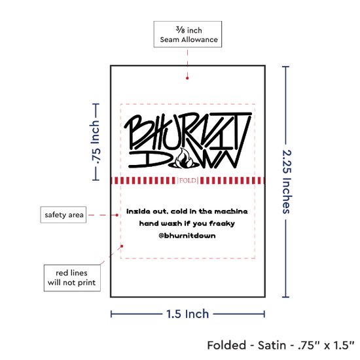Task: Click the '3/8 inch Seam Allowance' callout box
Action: pyautogui.click(x=188, y=34)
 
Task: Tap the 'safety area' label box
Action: pyautogui.click(x=63, y=215)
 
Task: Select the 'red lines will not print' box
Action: pyautogui.click(x=72, y=278)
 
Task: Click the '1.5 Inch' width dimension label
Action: pyautogui.click(x=187, y=314)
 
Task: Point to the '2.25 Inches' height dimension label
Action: pyautogui.click(x=287, y=181)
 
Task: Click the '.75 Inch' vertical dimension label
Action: pyautogui.click(x=95, y=142)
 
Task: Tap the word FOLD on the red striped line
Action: pyautogui.click(x=188, y=181)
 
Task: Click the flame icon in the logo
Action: pyautogui.click(x=185, y=158)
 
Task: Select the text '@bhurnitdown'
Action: pyautogui.click(x=187, y=236)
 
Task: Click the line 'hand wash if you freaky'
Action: pyautogui.click(x=187, y=223)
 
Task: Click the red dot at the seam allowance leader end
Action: pyautogui.click(x=187, y=78)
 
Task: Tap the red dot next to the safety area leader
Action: pyautogui.click(x=117, y=215)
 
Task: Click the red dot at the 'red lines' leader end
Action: pyautogui.click(x=122, y=246)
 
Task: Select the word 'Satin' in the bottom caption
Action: pyautogui.click(x=272, y=346)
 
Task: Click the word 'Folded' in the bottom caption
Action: pyautogui.click(x=226, y=346)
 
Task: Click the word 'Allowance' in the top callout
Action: pyautogui.click(x=200, y=40)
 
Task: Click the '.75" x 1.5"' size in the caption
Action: pyautogui.click(x=326, y=346)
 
